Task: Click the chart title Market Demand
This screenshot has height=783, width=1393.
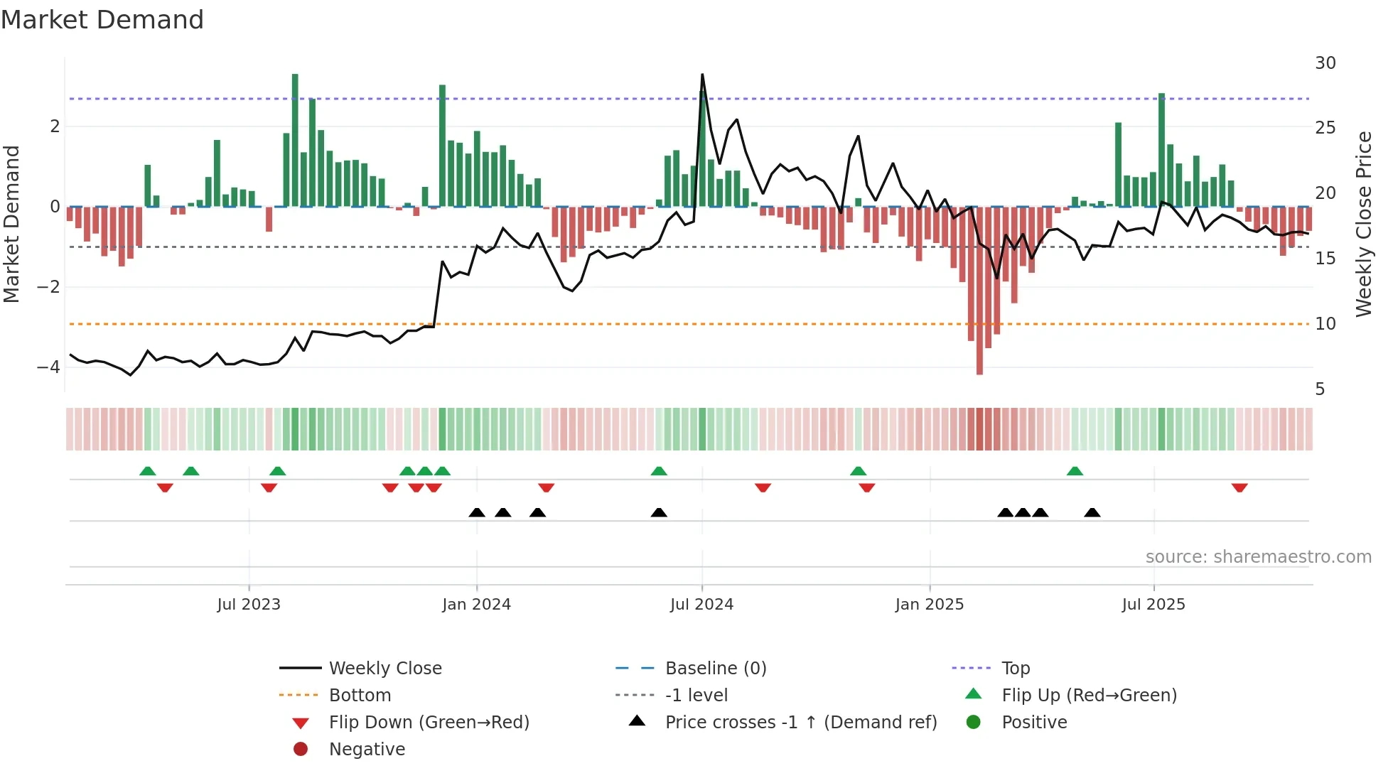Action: [102, 20]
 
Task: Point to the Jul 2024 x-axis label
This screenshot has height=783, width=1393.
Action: [701, 605]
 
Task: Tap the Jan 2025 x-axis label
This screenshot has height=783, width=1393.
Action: [929, 605]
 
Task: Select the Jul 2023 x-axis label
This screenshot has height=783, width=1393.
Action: [249, 605]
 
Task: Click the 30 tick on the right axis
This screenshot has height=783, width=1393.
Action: [1325, 63]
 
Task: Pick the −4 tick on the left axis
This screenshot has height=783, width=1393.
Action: [48, 367]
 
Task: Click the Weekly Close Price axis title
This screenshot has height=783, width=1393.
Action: [1363, 224]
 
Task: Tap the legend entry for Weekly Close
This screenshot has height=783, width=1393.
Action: [384, 669]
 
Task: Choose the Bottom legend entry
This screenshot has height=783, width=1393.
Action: [360, 696]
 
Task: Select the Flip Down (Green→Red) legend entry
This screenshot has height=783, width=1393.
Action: [429, 723]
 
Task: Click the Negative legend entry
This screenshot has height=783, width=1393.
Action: [367, 750]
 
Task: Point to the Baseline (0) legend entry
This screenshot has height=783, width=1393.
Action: [715, 669]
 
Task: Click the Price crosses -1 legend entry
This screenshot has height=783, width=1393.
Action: [800, 723]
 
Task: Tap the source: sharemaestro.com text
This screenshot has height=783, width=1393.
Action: [1258, 557]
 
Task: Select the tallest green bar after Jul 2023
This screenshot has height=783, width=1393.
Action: [295, 142]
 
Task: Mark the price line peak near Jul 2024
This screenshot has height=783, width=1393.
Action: [702, 75]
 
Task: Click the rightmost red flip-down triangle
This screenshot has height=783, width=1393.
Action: [1239, 487]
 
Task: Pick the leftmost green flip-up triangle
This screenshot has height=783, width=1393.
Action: [148, 471]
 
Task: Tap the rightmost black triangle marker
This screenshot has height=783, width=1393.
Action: [1092, 512]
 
